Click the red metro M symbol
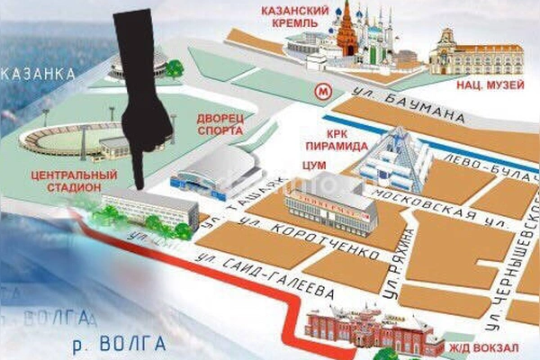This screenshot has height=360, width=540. (x=321, y=90)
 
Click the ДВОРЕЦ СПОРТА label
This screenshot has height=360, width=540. (x=219, y=125)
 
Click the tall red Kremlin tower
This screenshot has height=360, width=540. (x=346, y=32)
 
